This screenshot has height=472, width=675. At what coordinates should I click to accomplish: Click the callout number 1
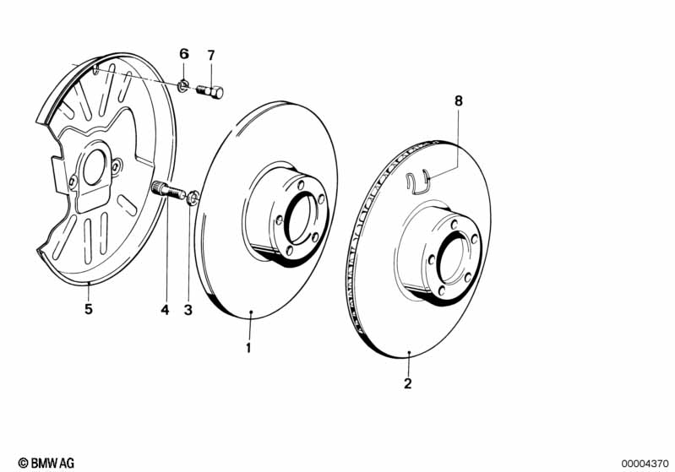[248, 347]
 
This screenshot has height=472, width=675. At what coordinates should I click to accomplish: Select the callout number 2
[407, 383]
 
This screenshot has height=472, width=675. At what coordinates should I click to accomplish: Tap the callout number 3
[188, 310]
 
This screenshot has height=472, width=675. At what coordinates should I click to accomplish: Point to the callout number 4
[165, 310]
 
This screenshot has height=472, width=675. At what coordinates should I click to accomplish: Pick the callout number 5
[88, 309]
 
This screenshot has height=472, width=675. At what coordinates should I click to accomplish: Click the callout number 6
[184, 55]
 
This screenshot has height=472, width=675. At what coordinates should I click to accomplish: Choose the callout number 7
[210, 55]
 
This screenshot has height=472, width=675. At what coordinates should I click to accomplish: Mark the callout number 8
[459, 101]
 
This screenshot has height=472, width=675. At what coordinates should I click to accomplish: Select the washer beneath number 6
[183, 85]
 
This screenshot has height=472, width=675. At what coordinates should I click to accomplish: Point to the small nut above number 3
[192, 198]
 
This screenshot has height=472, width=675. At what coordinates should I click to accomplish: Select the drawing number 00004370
[644, 463]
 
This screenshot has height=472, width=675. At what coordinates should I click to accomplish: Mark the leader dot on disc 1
[253, 313]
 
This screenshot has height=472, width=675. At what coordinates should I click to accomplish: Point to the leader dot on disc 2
[409, 351]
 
